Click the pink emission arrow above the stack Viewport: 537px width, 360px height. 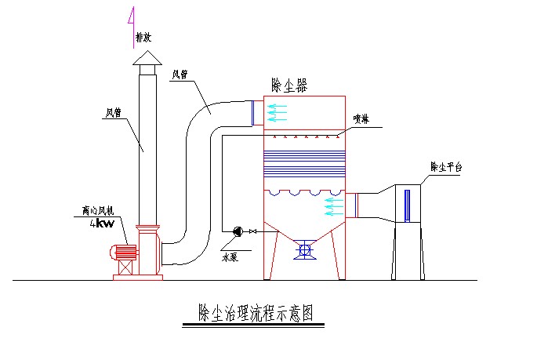point(132,24)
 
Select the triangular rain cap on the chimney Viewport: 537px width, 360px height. point(147,59)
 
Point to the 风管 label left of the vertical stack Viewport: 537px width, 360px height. point(114,112)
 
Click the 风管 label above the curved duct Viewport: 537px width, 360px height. point(180,75)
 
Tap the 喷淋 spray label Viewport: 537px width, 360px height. point(361,119)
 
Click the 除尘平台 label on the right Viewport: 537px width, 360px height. point(448,166)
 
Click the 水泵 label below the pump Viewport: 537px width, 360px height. point(230,256)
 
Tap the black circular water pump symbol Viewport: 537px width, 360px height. point(238,231)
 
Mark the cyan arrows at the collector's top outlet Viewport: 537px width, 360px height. point(277,112)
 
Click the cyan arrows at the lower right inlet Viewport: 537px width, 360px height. point(334,205)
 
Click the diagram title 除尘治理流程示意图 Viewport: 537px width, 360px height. point(256,314)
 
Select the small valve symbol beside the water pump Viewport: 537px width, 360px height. point(252,231)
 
